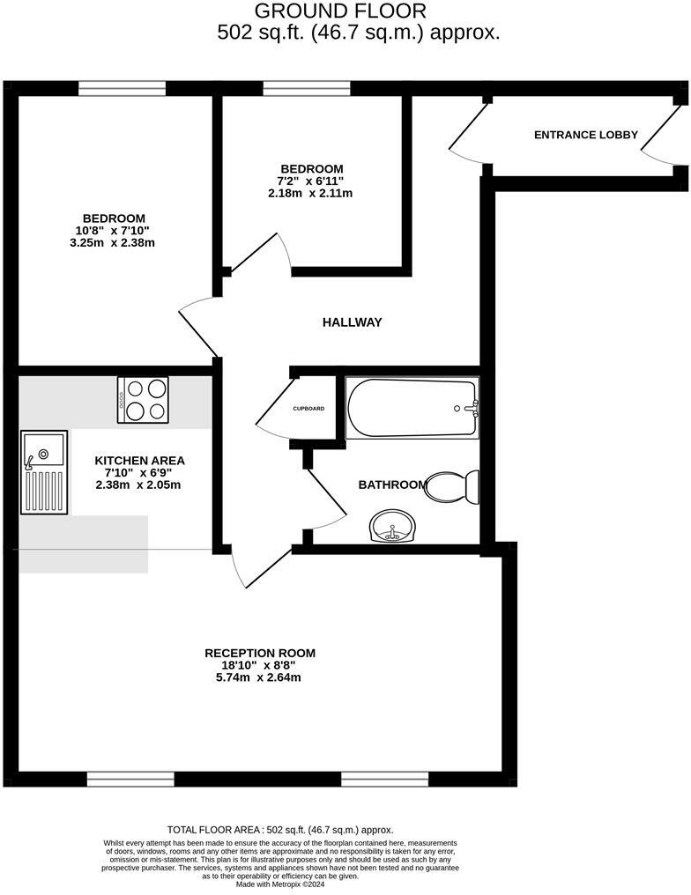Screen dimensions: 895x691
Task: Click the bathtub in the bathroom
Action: click(x=412, y=408)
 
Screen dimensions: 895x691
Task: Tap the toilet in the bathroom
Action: click(x=452, y=485)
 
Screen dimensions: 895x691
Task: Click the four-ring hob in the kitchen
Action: click(x=144, y=399)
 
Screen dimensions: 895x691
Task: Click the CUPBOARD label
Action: click(x=308, y=409)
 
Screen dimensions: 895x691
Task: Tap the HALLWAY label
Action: click(x=352, y=322)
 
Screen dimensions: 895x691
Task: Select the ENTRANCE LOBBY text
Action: click(x=586, y=135)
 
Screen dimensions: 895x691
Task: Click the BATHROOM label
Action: click(x=392, y=484)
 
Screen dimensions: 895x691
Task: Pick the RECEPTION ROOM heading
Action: click(x=260, y=653)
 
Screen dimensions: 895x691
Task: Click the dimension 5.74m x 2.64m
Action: click(x=260, y=677)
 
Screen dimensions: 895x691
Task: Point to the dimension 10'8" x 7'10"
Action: click(x=115, y=231)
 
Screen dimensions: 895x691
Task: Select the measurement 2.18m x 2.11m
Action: click(x=310, y=193)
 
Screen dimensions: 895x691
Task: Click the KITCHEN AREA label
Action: click(x=140, y=460)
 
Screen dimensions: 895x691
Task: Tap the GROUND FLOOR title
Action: click(x=340, y=11)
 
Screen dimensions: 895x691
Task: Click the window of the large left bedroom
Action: click(x=122, y=88)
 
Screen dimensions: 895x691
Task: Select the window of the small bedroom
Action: click(x=307, y=88)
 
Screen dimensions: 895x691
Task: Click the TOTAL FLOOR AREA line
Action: click(x=280, y=830)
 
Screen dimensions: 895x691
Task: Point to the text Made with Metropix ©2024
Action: click(x=280, y=884)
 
